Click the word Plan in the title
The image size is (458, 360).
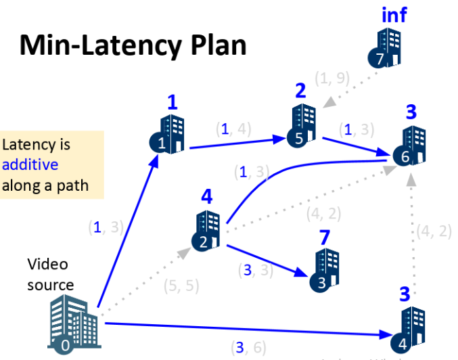pos(212,45)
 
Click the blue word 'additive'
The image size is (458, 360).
pos(30,164)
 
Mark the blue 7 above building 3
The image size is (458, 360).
pos(325,237)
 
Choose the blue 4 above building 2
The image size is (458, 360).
pos(207,198)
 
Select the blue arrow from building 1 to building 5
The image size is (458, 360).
pos(237,143)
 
